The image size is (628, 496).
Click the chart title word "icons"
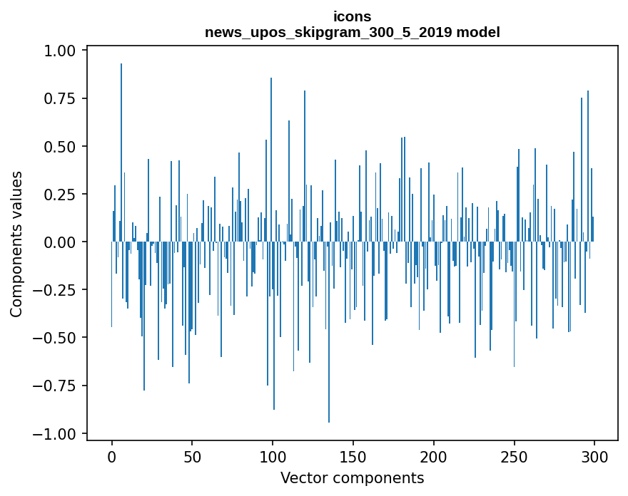coord(352,16)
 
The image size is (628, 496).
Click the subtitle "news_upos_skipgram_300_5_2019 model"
coord(352,32)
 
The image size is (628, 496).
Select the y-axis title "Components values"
coord(16,244)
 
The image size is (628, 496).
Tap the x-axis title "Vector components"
coord(352,477)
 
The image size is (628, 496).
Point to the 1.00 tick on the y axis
coord(63,51)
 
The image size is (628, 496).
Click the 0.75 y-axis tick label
coord(63,99)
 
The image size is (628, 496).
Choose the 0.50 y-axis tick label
coord(63,147)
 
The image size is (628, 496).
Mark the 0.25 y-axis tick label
coord(63,195)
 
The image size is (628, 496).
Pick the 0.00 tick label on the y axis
coord(63,242)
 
